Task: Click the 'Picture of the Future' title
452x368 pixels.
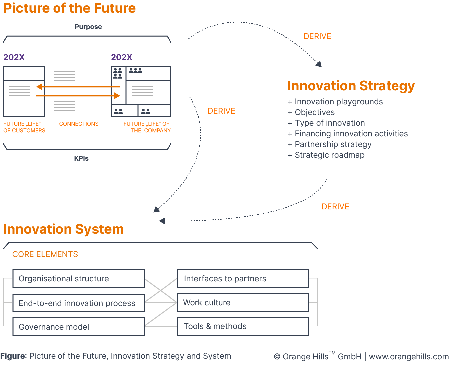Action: (x=69, y=8)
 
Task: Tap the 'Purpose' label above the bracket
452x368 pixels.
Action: (x=88, y=27)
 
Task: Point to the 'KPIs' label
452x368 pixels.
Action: (x=81, y=158)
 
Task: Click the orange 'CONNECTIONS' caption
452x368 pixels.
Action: (x=79, y=124)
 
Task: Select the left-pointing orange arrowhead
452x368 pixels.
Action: (x=40, y=87)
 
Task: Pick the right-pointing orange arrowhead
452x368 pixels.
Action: (x=117, y=96)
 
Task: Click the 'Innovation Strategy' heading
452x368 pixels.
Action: (x=351, y=86)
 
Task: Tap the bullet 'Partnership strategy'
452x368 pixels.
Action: (x=333, y=144)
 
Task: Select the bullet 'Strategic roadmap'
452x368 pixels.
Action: (x=329, y=155)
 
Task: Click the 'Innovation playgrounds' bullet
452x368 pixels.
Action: (x=338, y=102)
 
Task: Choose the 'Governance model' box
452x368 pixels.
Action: (x=78, y=327)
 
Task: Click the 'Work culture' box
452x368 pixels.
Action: (x=243, y=303)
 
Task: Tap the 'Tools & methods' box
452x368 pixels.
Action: (x=243, y=326)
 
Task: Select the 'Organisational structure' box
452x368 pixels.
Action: (x=78, y=279)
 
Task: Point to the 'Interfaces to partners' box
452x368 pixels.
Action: (x=243, y=279)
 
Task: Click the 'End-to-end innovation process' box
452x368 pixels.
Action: (x=78, y=303)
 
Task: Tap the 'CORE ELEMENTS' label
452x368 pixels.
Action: (x=45, y=254)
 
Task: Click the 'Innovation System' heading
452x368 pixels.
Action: (x=63, y=229)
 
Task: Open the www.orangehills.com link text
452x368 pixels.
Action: (x=408, y=357)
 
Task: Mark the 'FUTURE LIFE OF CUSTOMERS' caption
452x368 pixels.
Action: (x=24, y=127)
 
